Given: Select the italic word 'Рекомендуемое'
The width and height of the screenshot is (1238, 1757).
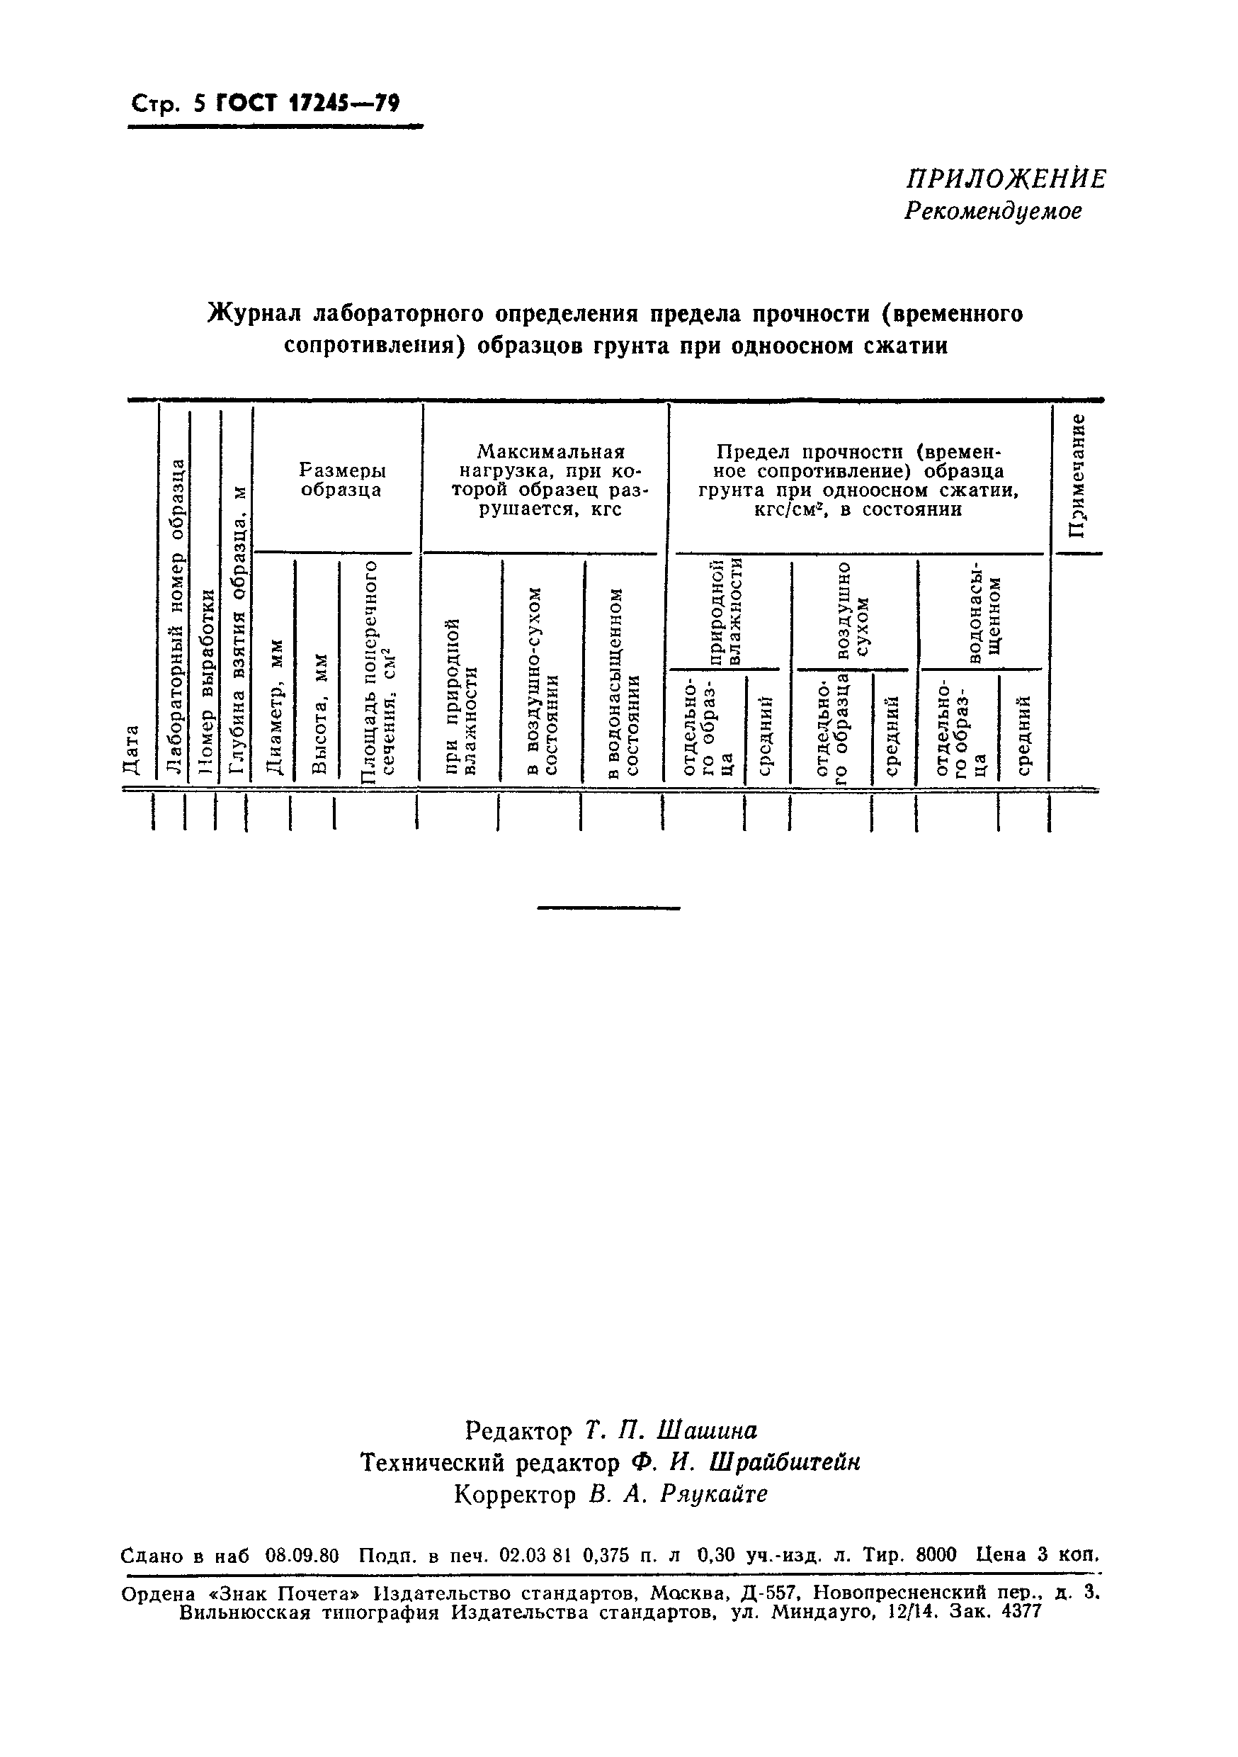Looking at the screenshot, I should tap(993, 211).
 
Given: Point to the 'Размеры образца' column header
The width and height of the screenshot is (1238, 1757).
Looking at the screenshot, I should tap(341, 480).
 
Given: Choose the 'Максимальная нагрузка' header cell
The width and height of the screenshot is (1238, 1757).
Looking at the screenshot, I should tap(550, 480).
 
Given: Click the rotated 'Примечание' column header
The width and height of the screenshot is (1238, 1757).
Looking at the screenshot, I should tap(1077, 475).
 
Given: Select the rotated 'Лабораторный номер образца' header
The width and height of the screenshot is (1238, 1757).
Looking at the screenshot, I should tap(176, 616).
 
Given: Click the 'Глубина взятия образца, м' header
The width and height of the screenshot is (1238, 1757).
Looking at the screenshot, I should tap(238, 629).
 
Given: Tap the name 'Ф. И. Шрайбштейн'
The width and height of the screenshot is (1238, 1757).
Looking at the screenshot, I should tap(746, 1462).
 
